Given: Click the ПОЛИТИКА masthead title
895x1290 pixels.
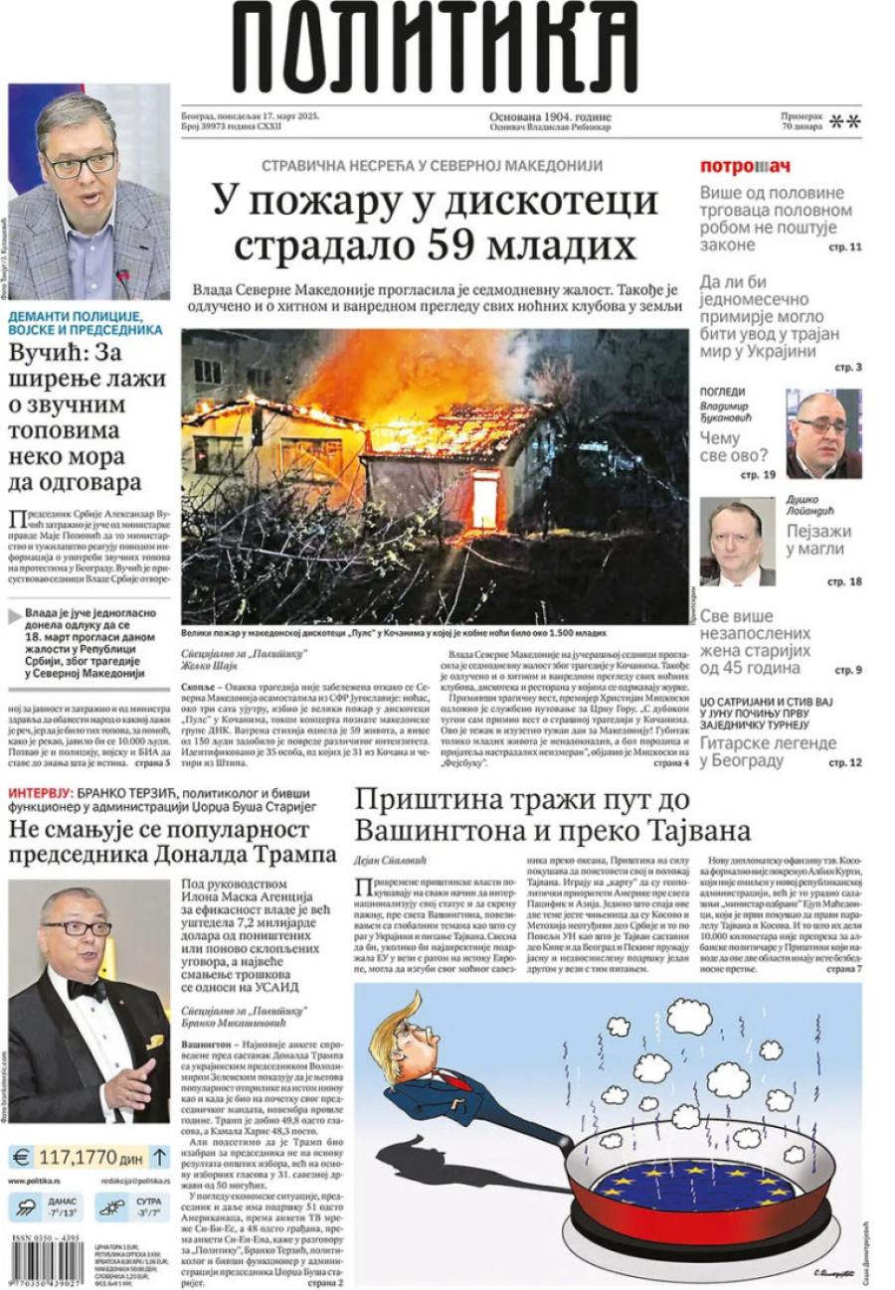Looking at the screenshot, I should click(435, 48).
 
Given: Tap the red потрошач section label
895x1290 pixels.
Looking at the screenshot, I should click(745, 166).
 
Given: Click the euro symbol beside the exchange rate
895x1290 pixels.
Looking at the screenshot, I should click(21, 1157).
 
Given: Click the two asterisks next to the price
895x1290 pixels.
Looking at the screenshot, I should click(844, 122).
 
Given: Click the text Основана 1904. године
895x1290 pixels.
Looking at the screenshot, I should click(550, 115).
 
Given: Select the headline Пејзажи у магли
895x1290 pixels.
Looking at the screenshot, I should click(818, 541).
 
